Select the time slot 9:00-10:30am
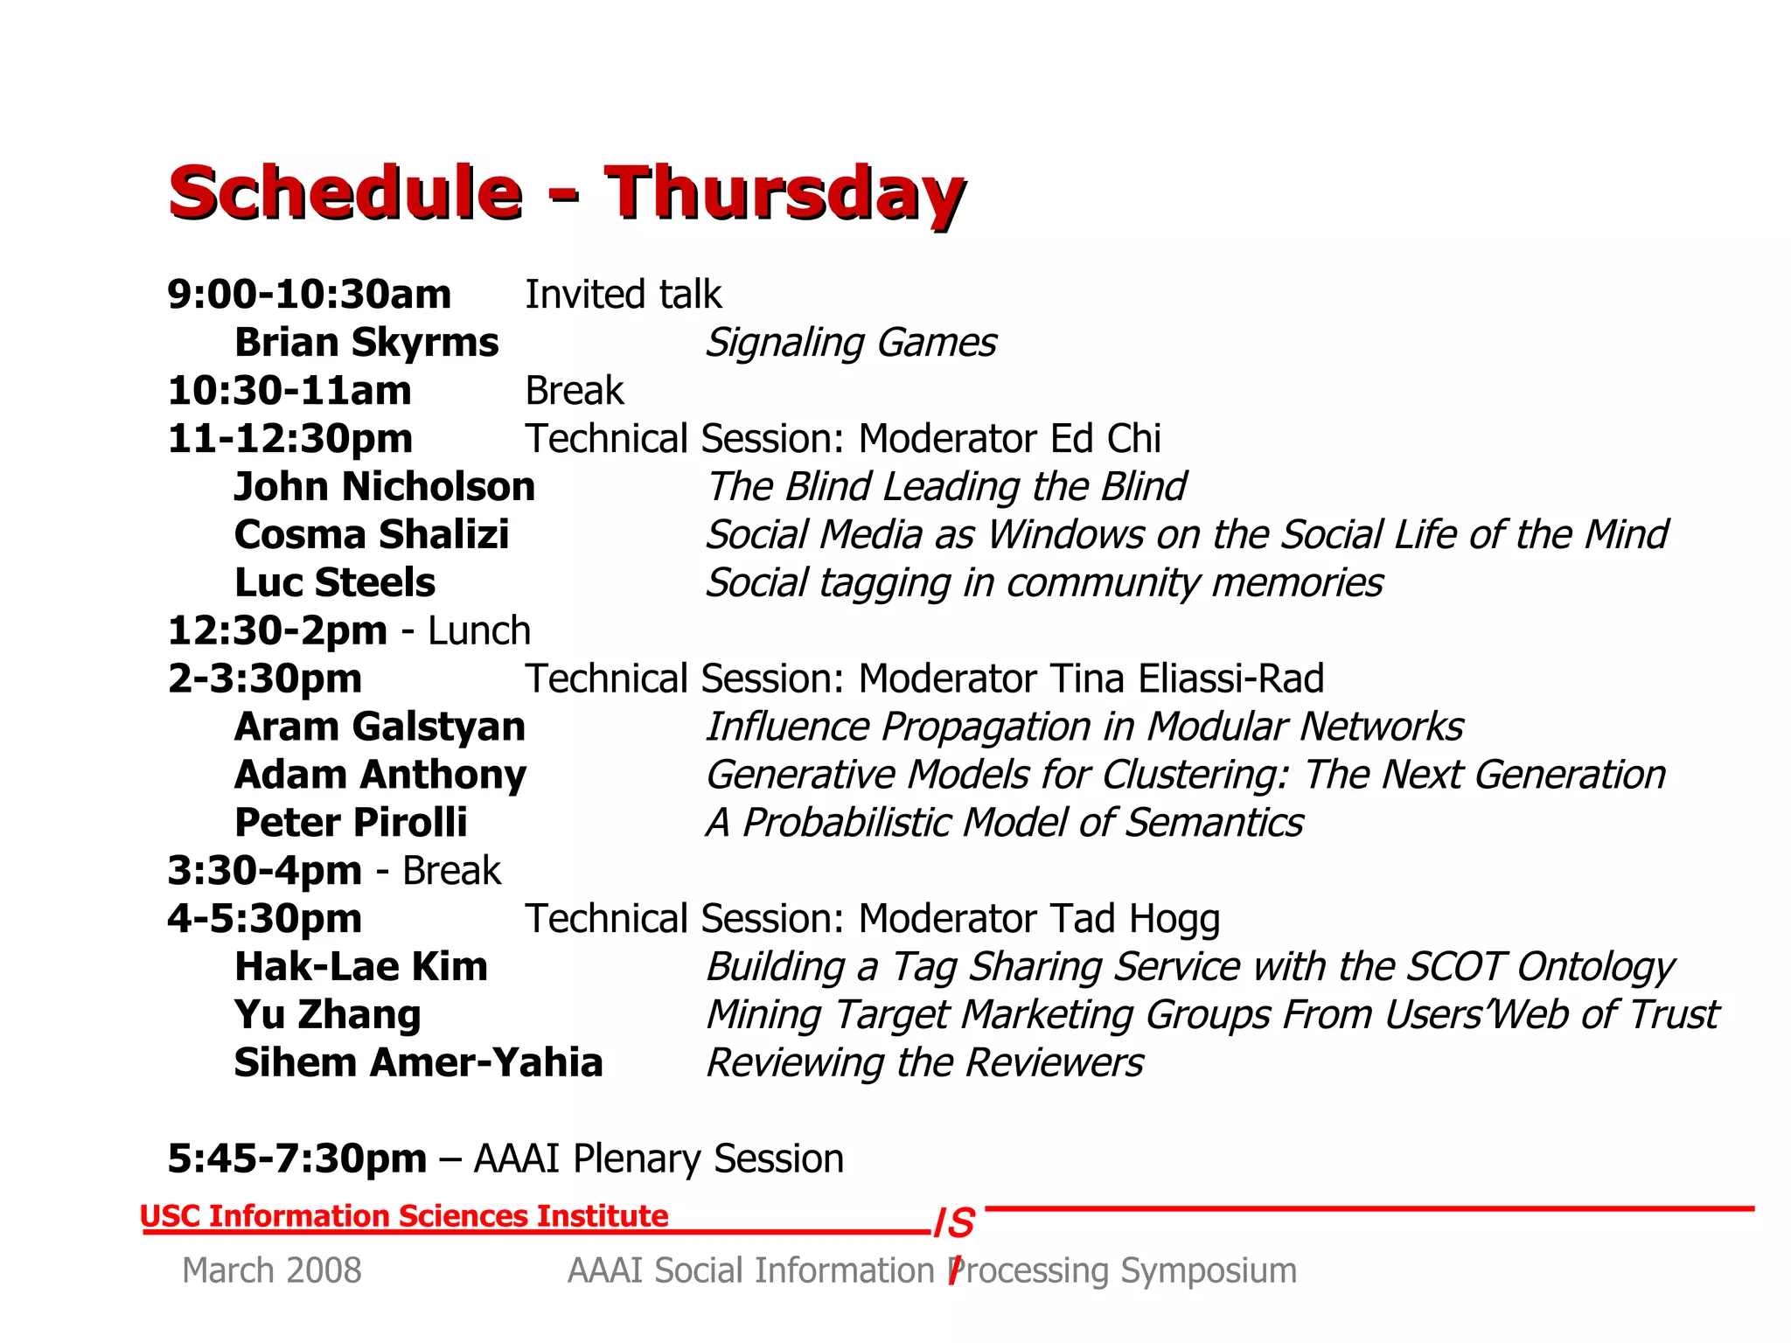pos(310,295)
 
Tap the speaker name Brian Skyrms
pos(366,343)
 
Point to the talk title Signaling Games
pos(850,343)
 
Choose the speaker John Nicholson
pos(385,487)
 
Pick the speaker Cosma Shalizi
pos(372,535)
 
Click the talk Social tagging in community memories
pos(1044,583)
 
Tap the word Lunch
pos(479,631)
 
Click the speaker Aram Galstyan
pos(380,727)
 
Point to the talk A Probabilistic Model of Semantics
pos(1004,824)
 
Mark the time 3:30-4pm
pos(264,872)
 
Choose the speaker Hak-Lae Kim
pos(361,968)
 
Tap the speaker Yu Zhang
pos(328,1016)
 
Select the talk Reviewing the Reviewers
pos(924,1064)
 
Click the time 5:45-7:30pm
pos(297,1159)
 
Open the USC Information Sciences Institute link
pos(404,1216)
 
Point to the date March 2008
pos(272,1270)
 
